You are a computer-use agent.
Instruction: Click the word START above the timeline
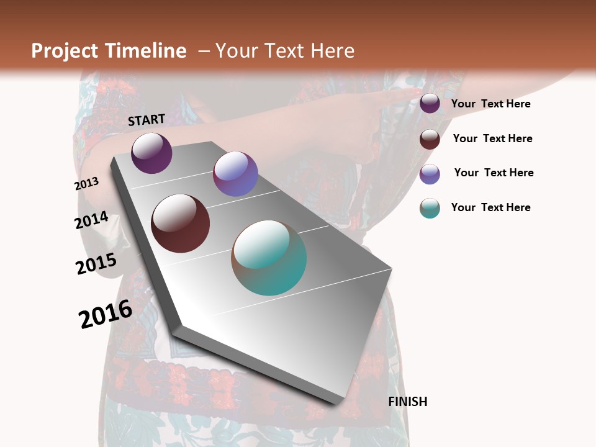tap(147, 120)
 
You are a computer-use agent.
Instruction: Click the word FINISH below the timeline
tap(408, 402)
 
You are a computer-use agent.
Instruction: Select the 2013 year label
tap(86, 184)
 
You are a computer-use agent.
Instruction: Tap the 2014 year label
tap(92, 220)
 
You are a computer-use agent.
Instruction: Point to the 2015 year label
tap(96, 264)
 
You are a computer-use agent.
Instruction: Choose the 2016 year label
tap(106, 314)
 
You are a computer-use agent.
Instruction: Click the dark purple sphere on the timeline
tap(151, 153)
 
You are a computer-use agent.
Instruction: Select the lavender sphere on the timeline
tap(235, 174)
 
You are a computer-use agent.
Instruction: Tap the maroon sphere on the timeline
tap(180, 223)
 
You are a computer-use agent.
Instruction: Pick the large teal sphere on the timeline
tap(269, 258)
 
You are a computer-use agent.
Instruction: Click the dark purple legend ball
tap(430, 104)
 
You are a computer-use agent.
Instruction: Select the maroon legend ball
tap(430, 139)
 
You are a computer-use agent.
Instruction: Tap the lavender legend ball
tap(430, 174)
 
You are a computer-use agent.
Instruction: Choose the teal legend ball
tap(430, 208)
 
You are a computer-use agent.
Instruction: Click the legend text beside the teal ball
tap(490, 207)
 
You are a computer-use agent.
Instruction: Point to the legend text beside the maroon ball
tap(492, 138)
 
